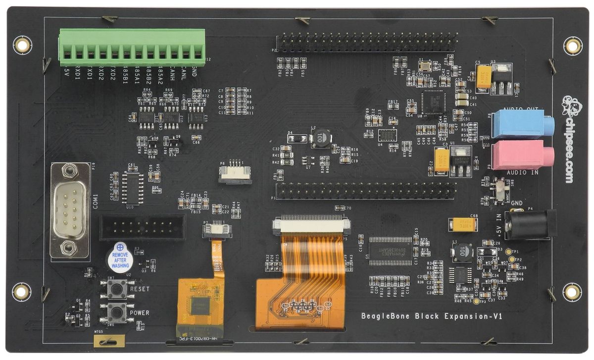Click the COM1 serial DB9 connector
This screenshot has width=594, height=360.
tap(70, 209)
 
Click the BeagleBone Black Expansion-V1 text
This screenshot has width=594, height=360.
tap(431, 316)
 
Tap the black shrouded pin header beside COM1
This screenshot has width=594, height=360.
tap(143, 227)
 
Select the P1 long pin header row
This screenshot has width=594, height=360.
tap(366, 190)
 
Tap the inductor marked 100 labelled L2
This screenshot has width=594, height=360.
tap(321, 138)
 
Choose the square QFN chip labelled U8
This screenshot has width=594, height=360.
tap(433, 103)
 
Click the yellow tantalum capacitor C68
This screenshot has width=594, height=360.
tap(463, 224)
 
